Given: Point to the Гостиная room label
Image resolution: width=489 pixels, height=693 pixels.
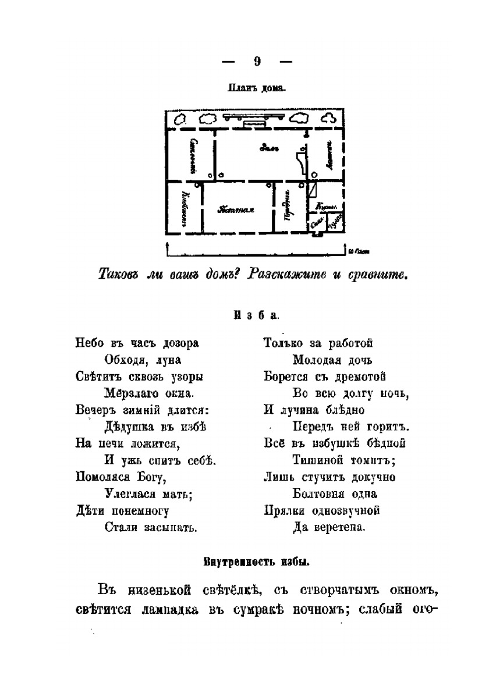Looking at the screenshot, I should (236, 210).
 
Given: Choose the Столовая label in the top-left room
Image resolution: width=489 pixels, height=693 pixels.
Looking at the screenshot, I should (193, 155).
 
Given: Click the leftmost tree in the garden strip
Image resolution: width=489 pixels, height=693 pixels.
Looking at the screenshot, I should (181, 119).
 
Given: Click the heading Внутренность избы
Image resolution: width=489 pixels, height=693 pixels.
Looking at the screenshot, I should (256, 563).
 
